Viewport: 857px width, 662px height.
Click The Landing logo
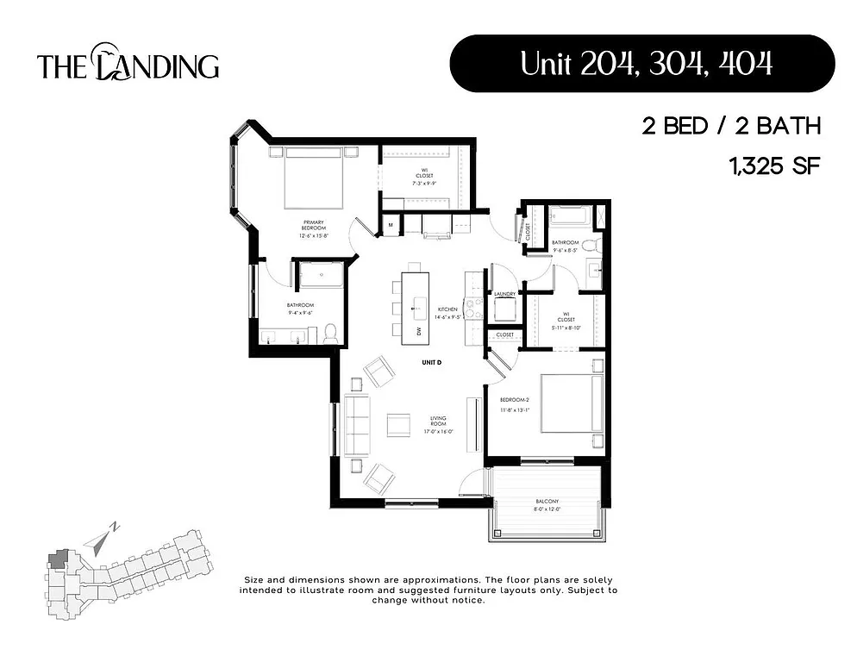[x=128, y=66]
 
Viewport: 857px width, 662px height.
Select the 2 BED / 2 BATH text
[x=729, y=127]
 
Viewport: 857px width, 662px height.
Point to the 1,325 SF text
[x=773, y=166]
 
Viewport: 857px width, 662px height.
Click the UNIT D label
[x=431, y=363]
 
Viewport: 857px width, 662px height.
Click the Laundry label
[x=504, y=295]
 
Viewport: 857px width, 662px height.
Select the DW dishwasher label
[x=419, y=331]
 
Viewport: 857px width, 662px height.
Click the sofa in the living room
[x=356, y=424]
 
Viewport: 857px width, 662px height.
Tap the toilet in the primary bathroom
[x=330, y=333]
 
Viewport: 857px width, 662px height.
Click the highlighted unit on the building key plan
[x=59, y=559]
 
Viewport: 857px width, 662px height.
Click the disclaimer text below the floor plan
[x=430, y=590]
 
